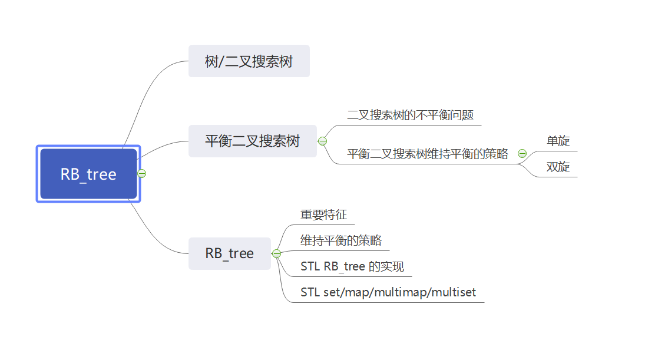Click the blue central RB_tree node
pos(88,174)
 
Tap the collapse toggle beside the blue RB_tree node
pos(141,173)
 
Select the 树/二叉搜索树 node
pos(249,61)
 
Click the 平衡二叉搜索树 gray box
pos(252,141)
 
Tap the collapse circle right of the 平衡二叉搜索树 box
pos(322,141)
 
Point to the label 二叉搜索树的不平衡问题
pos(410,115)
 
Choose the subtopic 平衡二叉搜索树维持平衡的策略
pos(428,154)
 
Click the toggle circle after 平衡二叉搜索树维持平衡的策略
pos(522,154)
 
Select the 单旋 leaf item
pos(558,141)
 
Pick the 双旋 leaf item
pos(558,167)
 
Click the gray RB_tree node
pos(229,253)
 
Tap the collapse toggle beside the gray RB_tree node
pos(276,253)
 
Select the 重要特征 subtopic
pos(323,215)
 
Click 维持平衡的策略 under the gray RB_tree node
pos(340,240)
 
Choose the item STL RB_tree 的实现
pos(352,266)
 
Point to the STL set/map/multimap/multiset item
pos(388,292)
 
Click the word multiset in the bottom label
pos(457,292)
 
